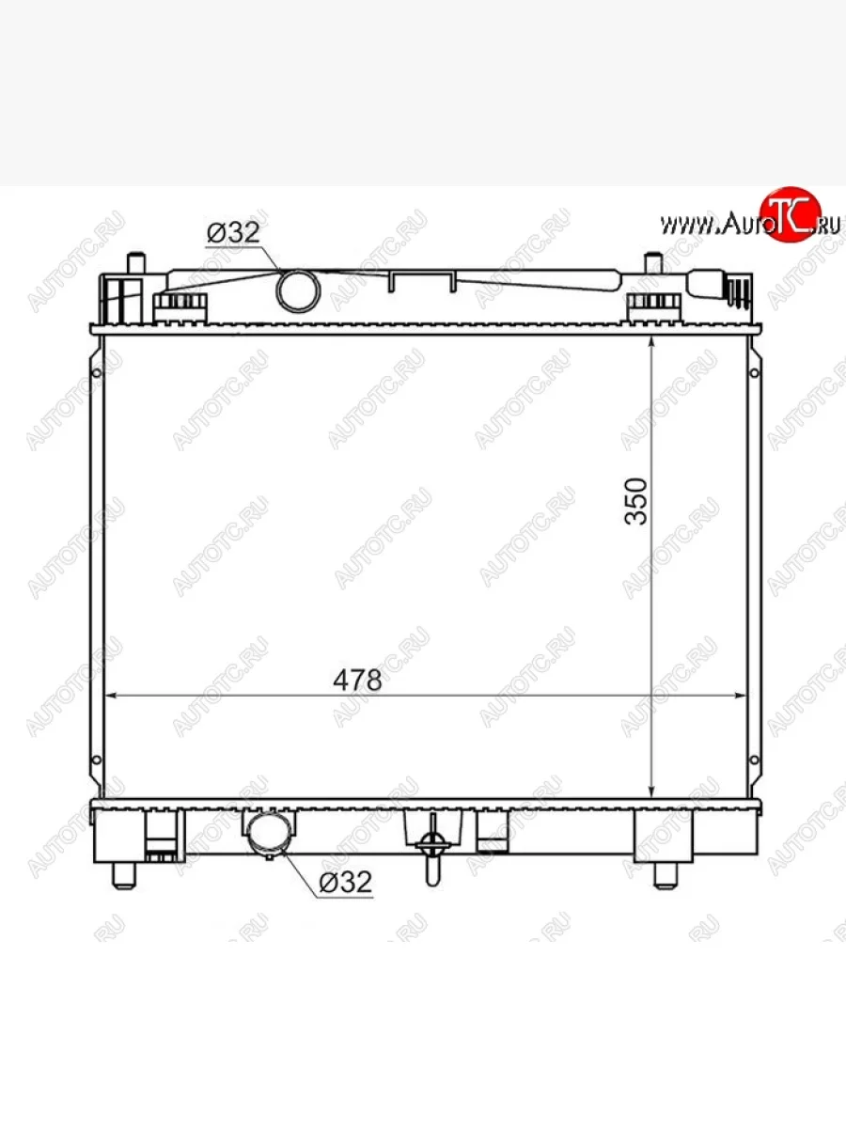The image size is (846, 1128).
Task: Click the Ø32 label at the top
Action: (233, 233)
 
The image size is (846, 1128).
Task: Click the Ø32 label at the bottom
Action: (345, 882)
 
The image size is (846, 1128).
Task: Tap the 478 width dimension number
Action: (357, 680)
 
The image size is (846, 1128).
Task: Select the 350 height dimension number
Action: (636, 501)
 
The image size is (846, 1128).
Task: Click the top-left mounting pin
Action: (136, 263)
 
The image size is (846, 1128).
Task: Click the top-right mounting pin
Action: (653, 263)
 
